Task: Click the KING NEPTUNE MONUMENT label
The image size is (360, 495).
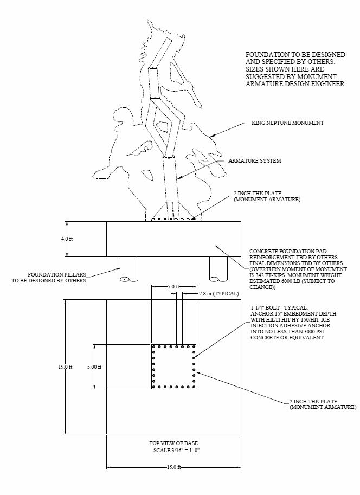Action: tap(288, 123)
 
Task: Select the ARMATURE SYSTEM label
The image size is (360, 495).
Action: tap(255, 161)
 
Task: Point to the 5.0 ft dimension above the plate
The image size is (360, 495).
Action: tap(173, 286)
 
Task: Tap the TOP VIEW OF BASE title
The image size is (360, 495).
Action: tap(173, 443)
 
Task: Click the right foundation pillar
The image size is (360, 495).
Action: tap(219, 269)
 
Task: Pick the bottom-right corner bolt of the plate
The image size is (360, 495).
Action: tap(194, 386)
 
